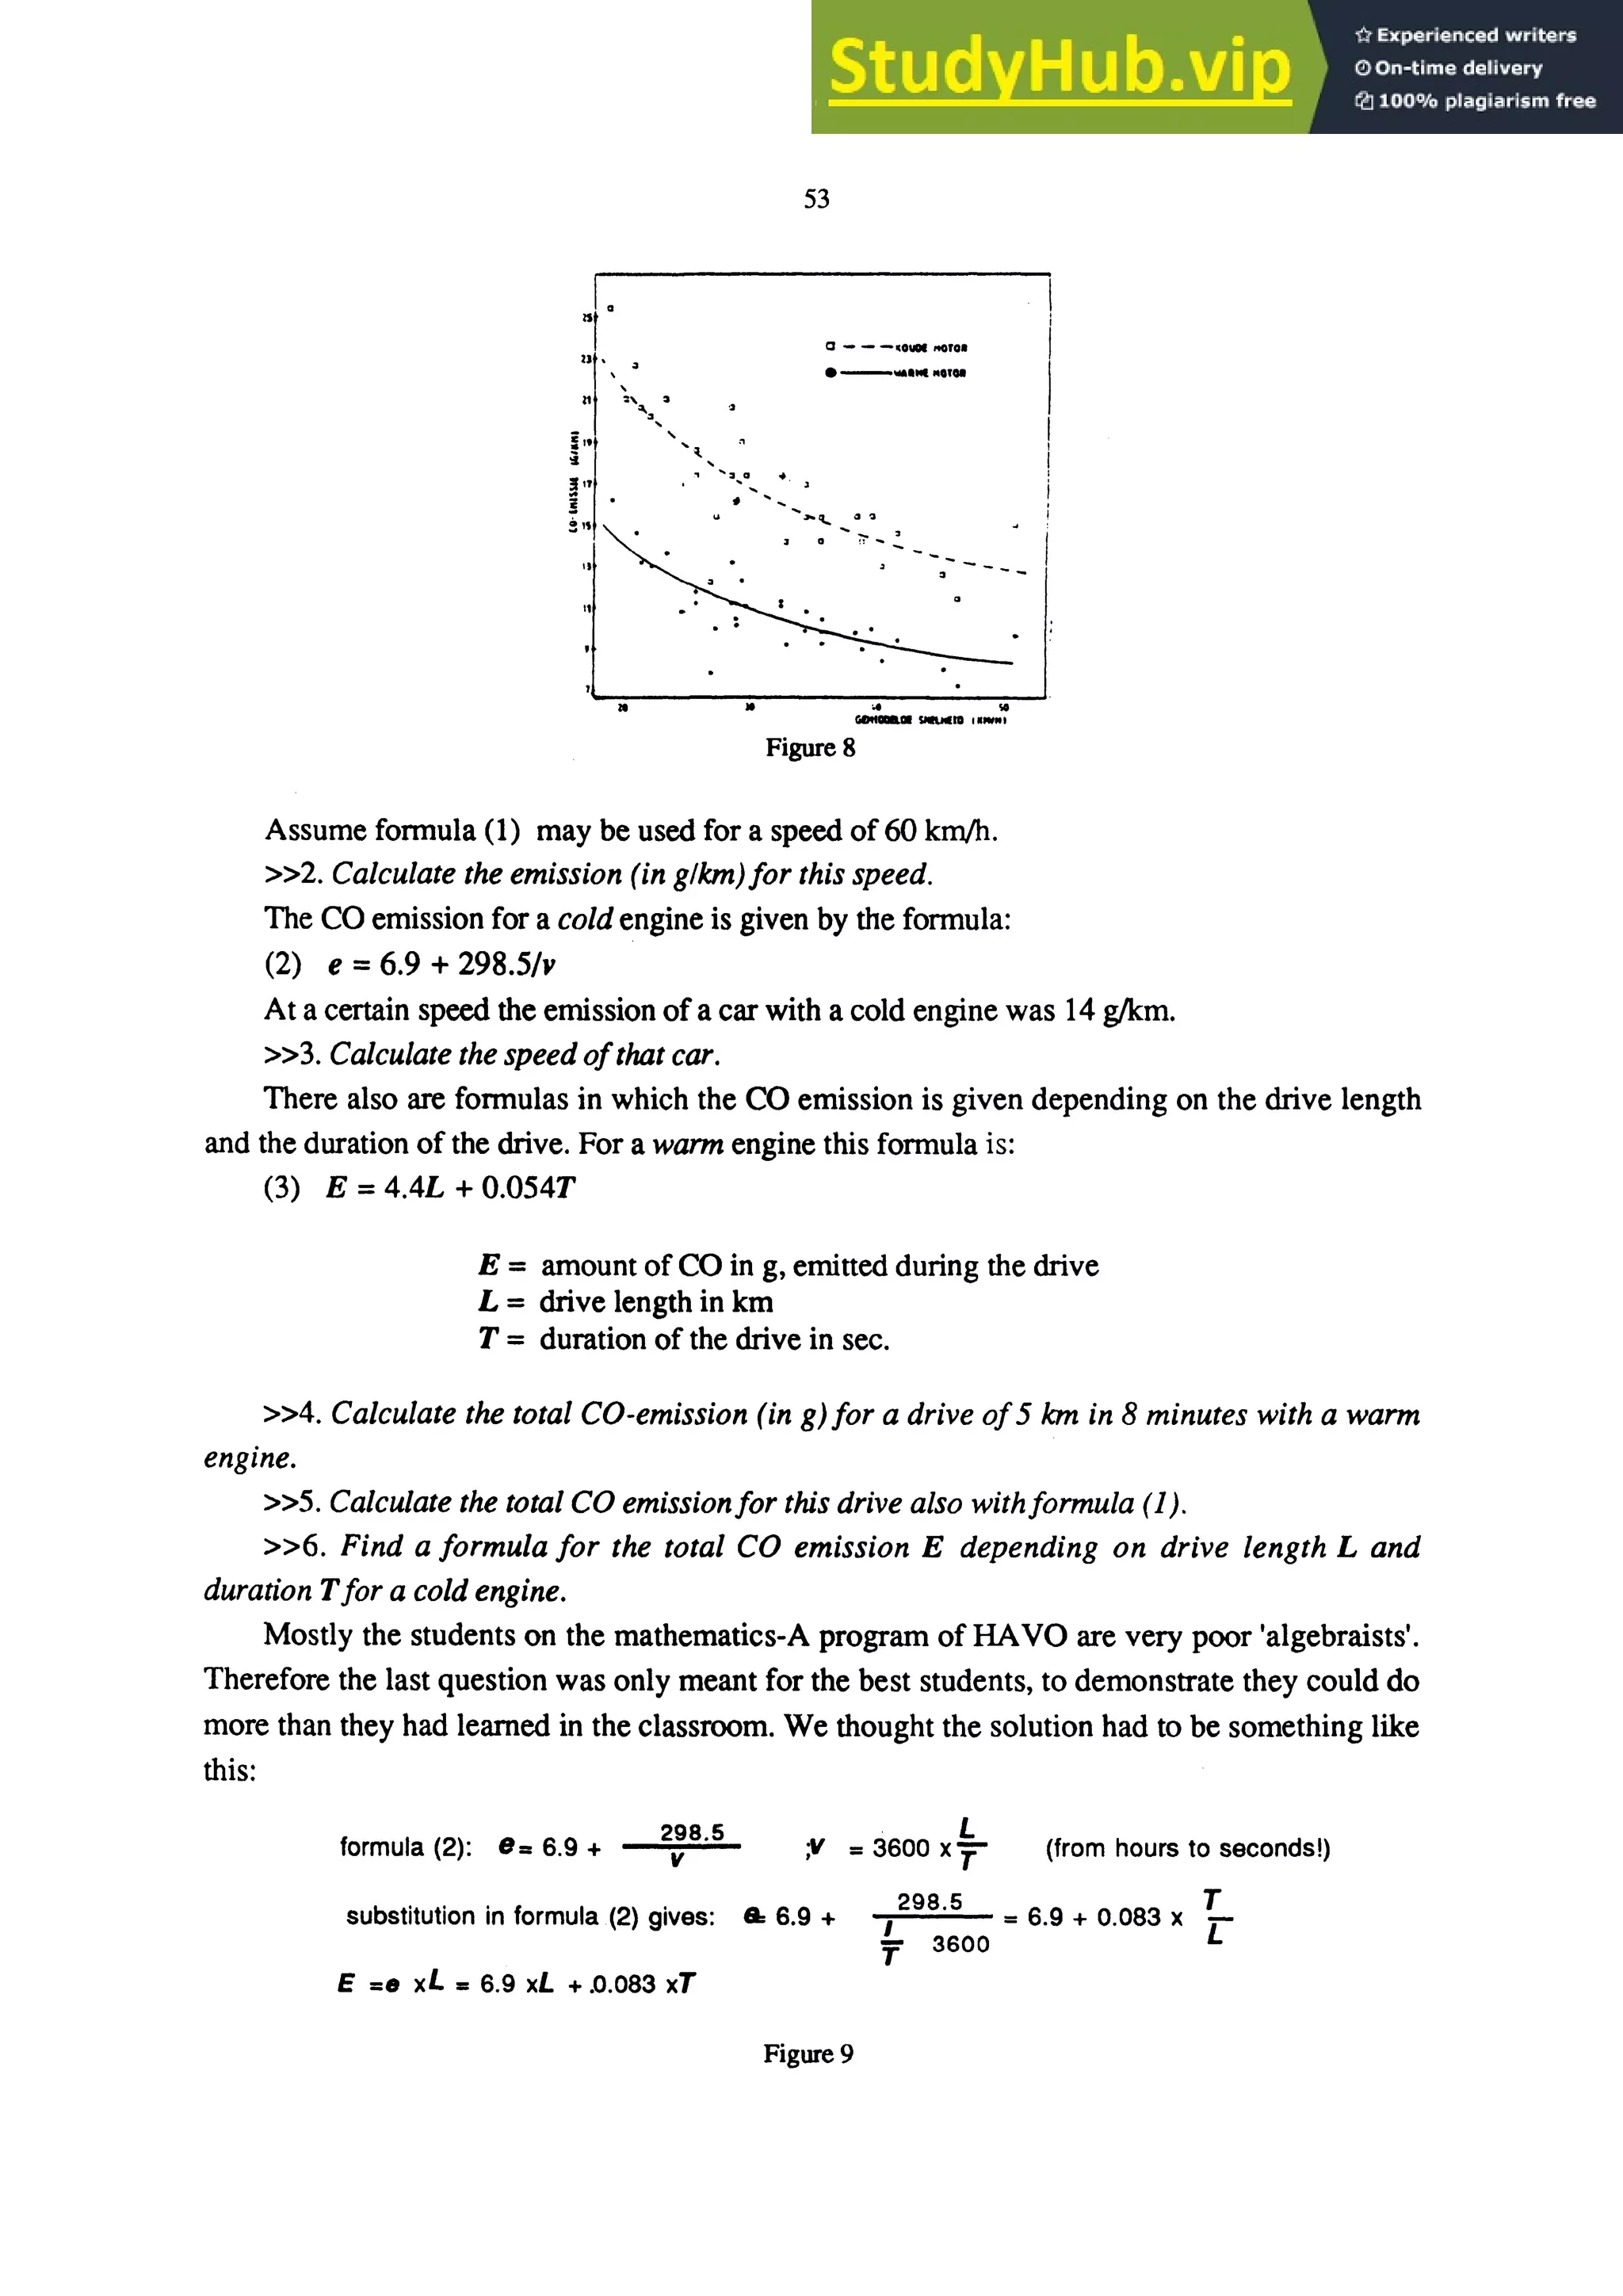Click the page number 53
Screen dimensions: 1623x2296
click(x=816, y=199)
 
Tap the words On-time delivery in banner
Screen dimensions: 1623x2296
click(x=1457, y=68)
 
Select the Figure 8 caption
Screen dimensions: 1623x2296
click(x=810, y=747)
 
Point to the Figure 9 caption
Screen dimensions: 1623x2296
click(x=808, y=2053)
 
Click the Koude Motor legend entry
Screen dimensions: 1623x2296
click(x=930, y=348)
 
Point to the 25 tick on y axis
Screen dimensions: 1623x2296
click(x=586, y=318)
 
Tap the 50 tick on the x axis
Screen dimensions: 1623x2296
click(x=1003, y=708)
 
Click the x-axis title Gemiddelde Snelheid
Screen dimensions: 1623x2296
click(x=930, y=720)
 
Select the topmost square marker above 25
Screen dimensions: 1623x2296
click(x=610, y=308)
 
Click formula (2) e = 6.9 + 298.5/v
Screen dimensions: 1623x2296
click(x=440, y=964)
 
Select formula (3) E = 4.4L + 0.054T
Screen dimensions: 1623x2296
click(x=449, y=1188)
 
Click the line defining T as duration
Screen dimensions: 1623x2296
click(x=684, y=1338)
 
